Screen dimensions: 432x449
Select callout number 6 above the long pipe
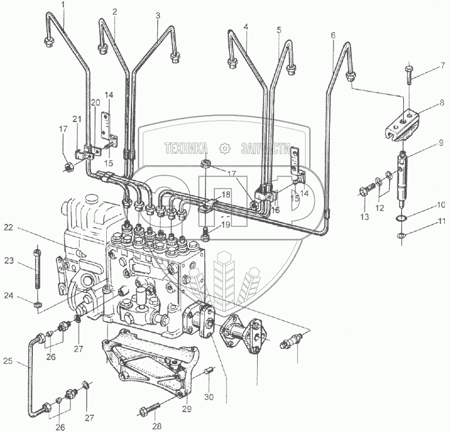[333, 35]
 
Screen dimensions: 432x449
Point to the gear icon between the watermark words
[223, 147]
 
